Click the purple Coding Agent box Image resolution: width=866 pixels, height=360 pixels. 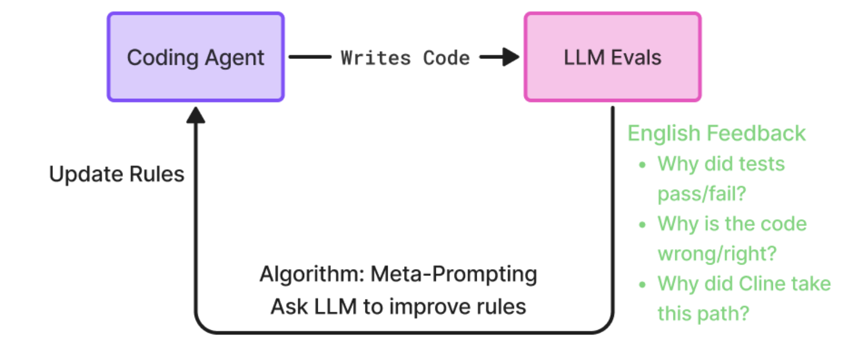[x=195, y=57]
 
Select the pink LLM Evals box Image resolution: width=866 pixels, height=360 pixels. [x=612, y=57]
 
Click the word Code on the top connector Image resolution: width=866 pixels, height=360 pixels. [x=447, y=58]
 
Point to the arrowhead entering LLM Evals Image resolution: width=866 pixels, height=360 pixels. [x=510, y=57]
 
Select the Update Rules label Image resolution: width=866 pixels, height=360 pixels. [x=117, y=174]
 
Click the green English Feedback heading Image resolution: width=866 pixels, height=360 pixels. [x=716, y=133]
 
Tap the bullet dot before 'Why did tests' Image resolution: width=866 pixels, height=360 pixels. [x=642, y=165]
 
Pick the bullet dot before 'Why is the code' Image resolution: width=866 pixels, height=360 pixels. [x=642, y=224]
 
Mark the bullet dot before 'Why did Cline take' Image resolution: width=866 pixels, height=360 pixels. [x=642, y=284]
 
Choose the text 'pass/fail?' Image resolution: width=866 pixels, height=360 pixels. [x=701, y=194]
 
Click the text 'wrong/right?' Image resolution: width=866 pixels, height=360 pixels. [x=716, y=253]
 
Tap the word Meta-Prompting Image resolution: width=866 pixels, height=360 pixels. [x=453, y=275]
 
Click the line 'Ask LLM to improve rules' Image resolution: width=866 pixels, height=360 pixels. [x=398, y=307]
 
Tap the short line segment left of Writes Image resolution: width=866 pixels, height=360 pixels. [x=310, y=57]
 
